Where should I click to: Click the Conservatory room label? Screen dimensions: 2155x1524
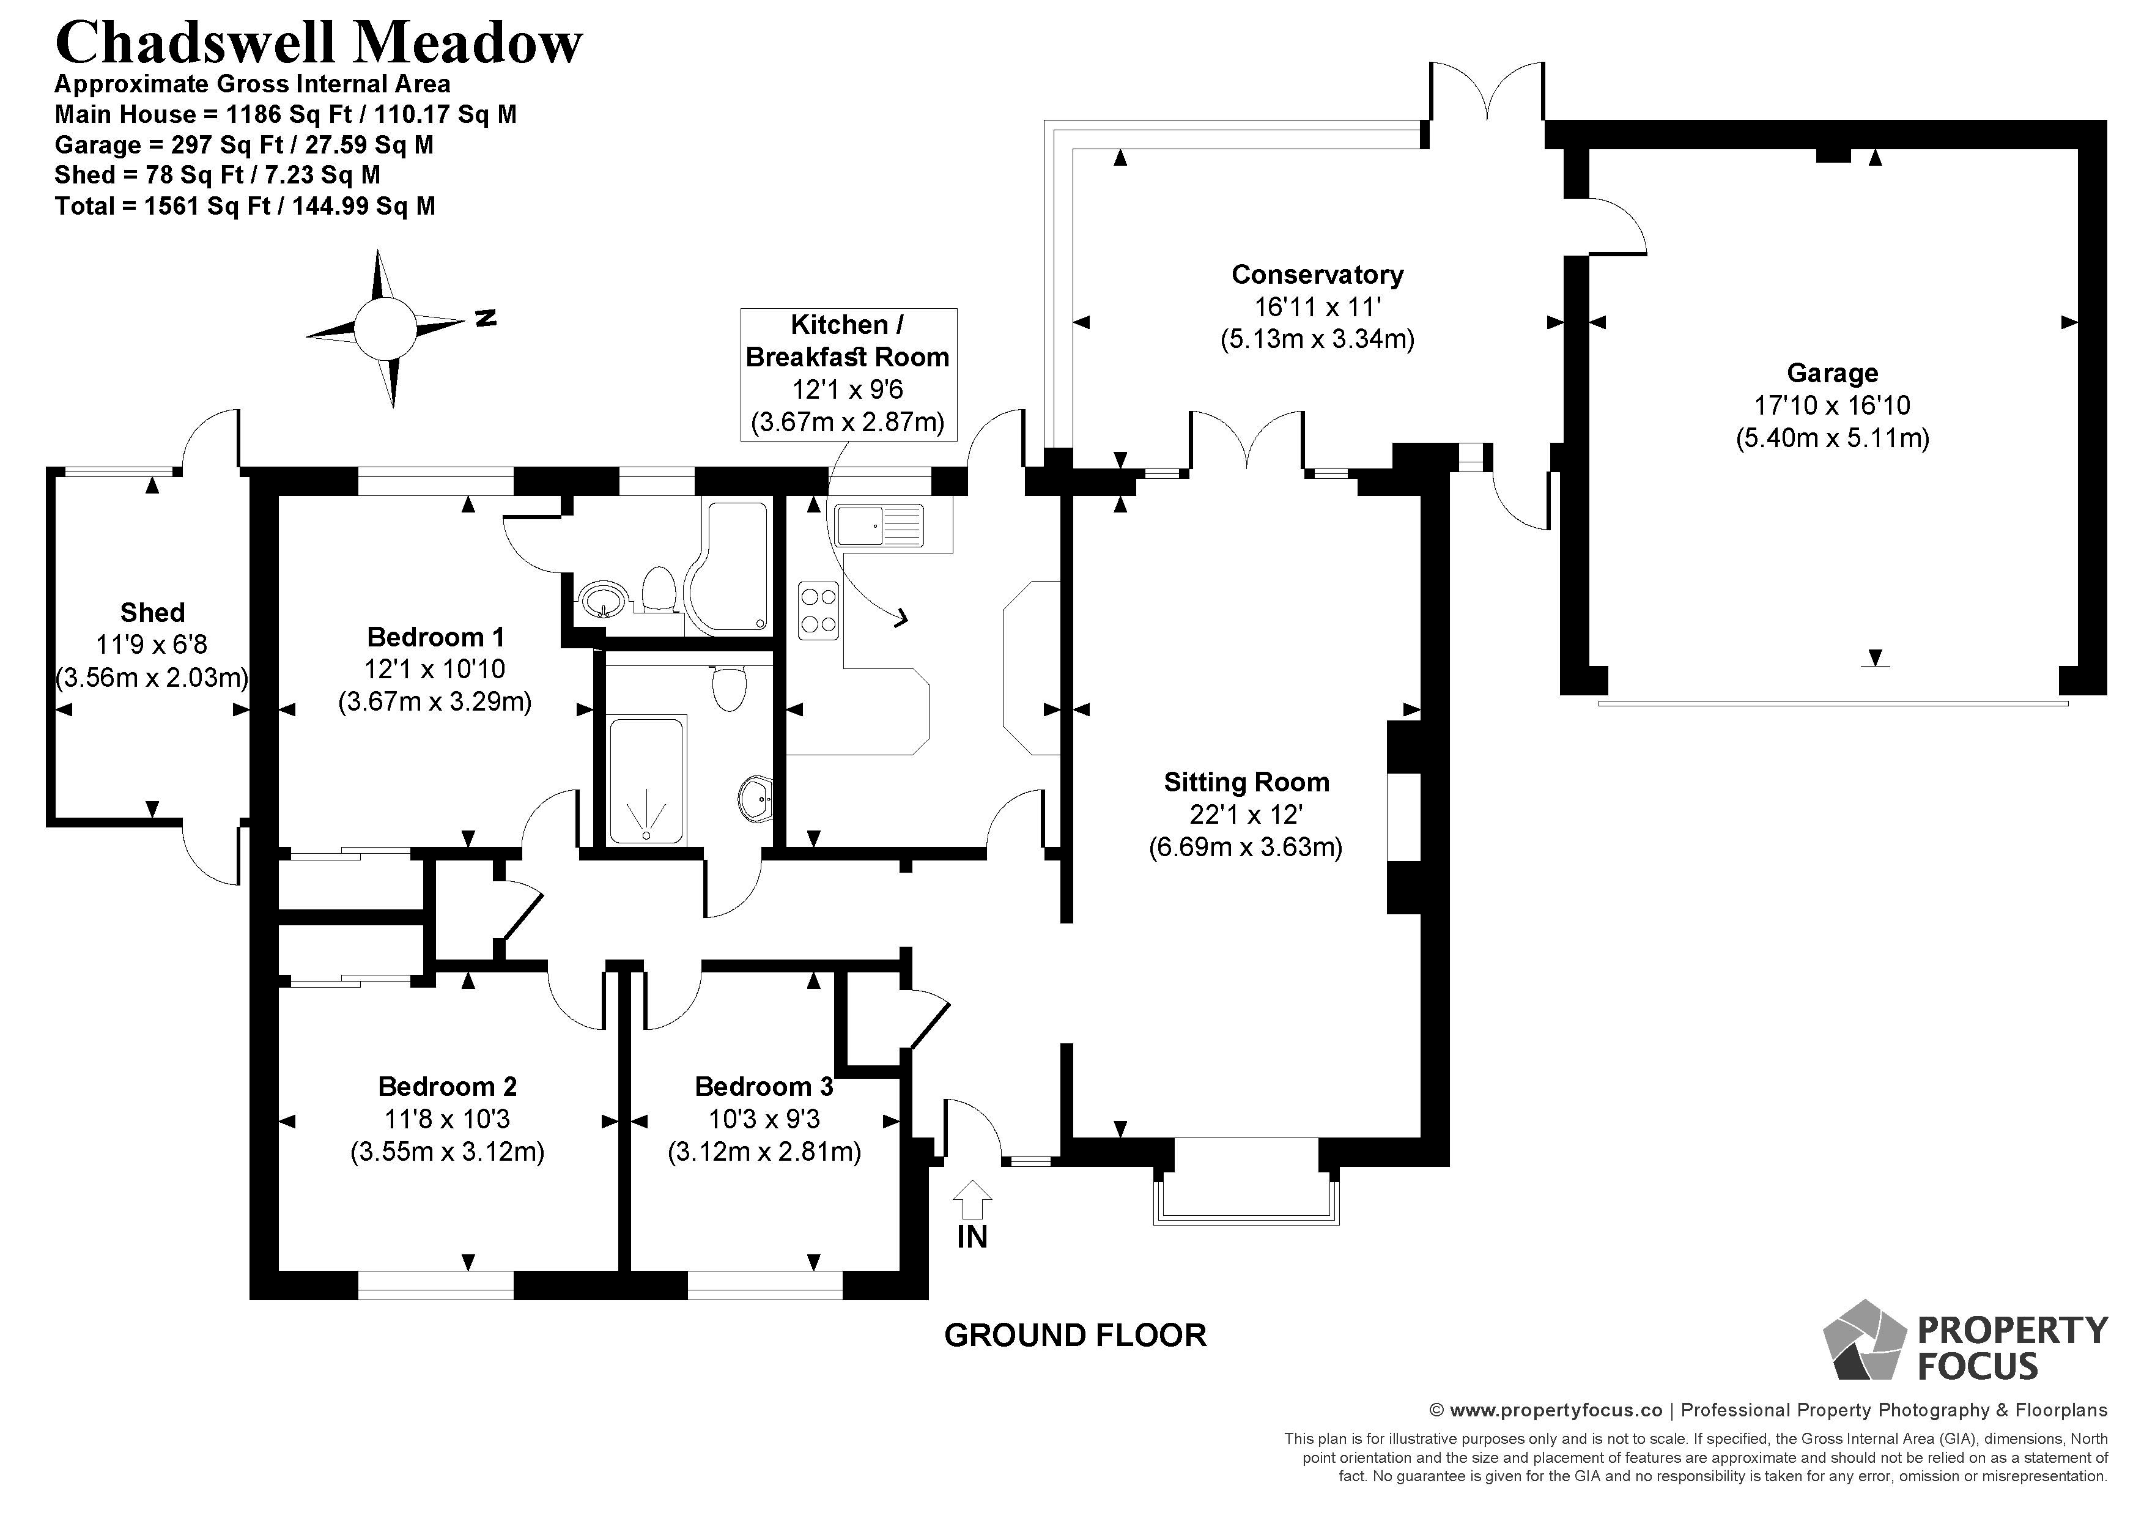click(x=1317, y=275)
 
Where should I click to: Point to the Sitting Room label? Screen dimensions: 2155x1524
click(x=1246, y=782)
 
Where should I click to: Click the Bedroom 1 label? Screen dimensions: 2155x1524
click(x=435, y=637)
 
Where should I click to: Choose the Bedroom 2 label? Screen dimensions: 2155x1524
click(x=447, y=1087)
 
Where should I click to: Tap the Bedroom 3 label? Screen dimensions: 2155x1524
click(x=764, y=1087)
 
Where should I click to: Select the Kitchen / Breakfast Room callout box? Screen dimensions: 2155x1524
click(x=848, y=374)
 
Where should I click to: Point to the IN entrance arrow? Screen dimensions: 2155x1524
click(x=972, y=1199)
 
